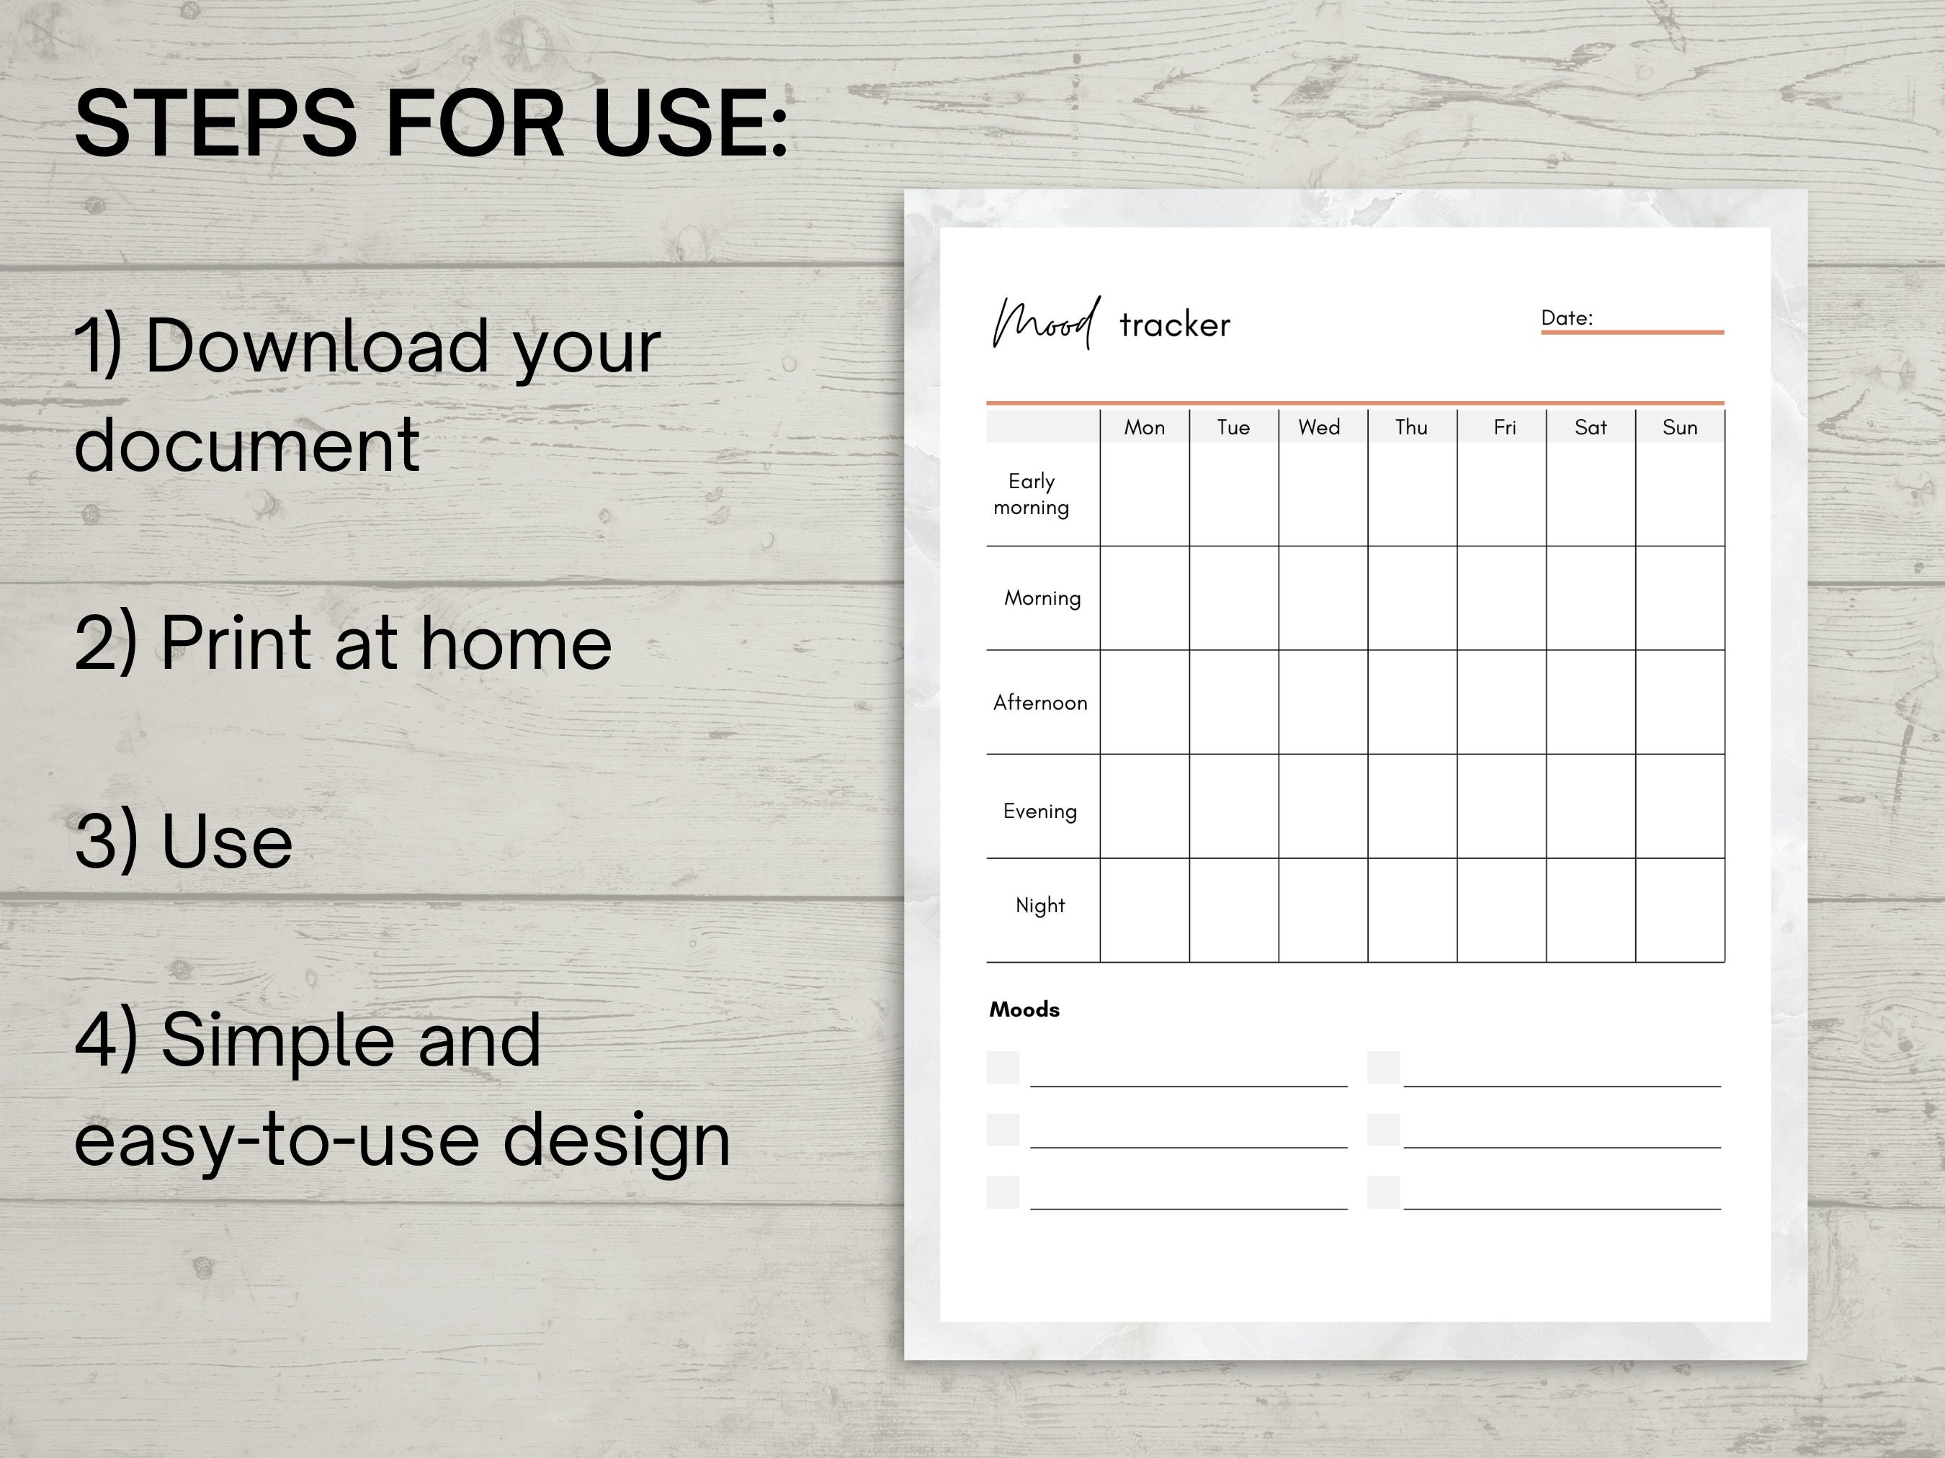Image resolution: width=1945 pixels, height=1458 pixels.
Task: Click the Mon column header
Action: point(1144,428)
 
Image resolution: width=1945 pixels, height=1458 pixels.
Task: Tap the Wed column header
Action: point(1319,428)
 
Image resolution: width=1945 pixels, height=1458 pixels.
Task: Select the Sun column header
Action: point(1679,428)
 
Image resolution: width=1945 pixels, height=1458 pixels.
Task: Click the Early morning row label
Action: point(1032,494)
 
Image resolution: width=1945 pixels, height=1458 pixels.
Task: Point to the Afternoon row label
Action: point(1040,703)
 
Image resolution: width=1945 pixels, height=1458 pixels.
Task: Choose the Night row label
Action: point(1040,905)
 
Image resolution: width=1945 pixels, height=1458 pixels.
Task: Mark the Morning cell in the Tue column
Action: point(1234,598)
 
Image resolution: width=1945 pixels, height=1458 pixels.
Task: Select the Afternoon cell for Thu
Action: point(1412,702)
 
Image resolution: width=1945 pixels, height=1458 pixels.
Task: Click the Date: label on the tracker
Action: point(1567,318)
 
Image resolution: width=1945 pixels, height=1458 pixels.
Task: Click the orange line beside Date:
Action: point(1632,332)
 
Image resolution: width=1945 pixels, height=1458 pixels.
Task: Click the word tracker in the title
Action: point(1175,326)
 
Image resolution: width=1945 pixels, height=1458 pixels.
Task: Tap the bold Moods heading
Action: point(1024,1009)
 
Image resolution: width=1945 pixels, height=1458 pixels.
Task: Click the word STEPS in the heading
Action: point(215,125)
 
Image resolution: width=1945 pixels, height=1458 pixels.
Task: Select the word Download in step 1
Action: point(316,346)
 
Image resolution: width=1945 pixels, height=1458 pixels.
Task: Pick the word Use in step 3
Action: point(227,842)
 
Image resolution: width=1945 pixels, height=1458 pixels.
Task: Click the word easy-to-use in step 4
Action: point(279,1140)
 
